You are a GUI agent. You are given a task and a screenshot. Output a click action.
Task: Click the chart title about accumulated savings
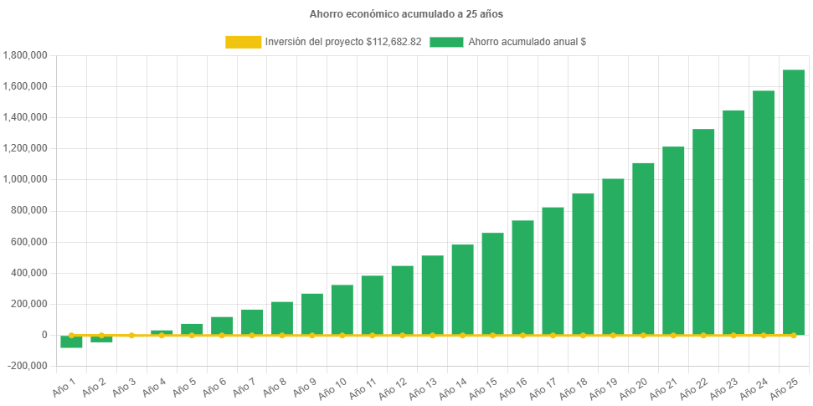pos(406,14)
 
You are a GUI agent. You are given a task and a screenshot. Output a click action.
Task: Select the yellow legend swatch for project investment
pos(243,42)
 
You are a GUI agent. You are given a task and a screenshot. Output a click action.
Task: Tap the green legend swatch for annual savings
pos(446,42)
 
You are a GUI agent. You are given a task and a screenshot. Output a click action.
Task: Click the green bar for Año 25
pos(793,201)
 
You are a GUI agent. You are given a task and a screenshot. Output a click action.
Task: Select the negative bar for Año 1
pos(71,342)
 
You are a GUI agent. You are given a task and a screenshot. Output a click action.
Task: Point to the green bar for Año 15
pos(492,284)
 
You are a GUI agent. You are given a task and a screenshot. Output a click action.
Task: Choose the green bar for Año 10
pos(342,310)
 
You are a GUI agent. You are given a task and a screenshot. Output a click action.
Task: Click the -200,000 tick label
pos(27,366)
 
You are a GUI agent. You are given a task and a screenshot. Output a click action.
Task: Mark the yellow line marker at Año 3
pos(131,335)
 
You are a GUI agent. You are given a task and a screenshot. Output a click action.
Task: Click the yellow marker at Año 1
pos(71,335)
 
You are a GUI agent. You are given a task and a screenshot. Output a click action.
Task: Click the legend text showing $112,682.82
pos(343,42)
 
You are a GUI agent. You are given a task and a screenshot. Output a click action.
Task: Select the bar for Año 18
pos(583,265)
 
